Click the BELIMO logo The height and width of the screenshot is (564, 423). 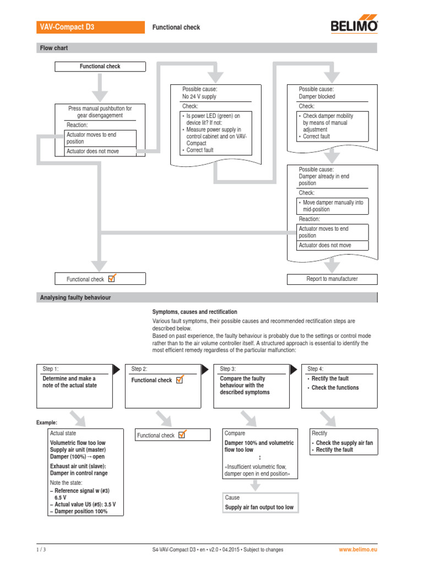tap(354, 26)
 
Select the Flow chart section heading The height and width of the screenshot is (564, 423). tap(54, 48)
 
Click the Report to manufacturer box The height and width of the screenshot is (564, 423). tap(332, 279)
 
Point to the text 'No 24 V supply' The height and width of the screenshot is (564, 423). tap(199, 96)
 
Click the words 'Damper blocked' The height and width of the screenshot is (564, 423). tap(317, 96)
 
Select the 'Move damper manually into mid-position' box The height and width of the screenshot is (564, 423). tap(333, 206)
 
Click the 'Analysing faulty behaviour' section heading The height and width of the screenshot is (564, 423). tap(75, 297)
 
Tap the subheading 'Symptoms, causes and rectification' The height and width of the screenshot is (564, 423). tap(195, 312)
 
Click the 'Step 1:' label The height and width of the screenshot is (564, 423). tap(50, 368)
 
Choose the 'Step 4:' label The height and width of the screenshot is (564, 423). tap(316, 368)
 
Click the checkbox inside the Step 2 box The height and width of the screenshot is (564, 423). tap(179, 379)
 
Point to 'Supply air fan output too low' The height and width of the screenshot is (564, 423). tap(259, 507)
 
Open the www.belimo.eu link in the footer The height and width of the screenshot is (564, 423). tap(358, 550)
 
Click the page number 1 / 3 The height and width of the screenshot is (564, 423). tap(41, 550)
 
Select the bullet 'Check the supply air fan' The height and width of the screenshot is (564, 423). tap(344, 443)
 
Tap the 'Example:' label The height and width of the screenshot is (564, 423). tap(47, 422)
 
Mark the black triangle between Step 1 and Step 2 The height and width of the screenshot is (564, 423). tap(116, 370)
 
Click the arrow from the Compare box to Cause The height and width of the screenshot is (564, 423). tap(255, 485)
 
